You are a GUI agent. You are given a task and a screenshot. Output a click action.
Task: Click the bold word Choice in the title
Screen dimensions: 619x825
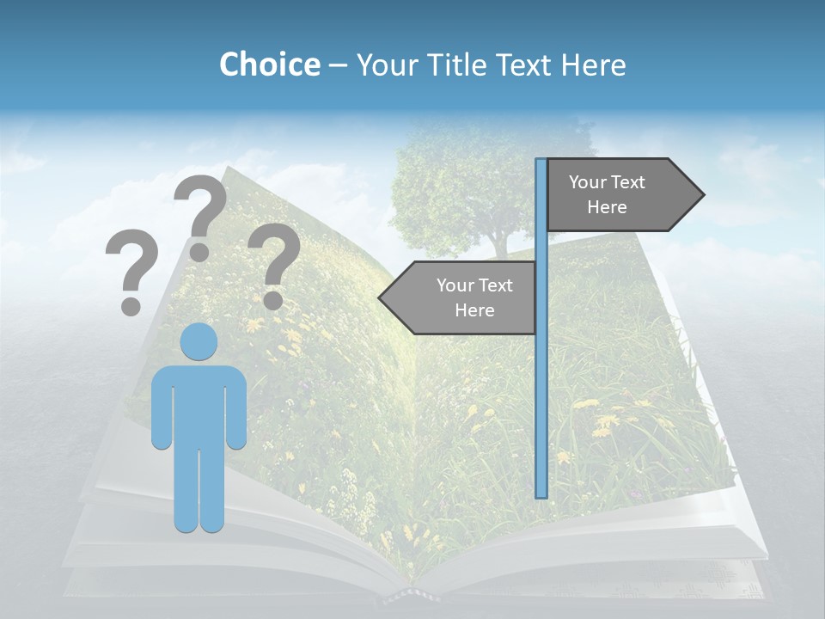pos(269,64)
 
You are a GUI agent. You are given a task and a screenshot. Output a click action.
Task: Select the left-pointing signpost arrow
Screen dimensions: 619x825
pos(460,297)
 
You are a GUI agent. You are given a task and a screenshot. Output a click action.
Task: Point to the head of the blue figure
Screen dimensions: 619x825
pos(199,341)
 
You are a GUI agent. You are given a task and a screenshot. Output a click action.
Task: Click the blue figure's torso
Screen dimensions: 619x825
pos(199,404)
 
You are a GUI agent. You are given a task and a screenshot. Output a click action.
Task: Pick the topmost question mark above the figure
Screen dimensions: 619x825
pos(200,215)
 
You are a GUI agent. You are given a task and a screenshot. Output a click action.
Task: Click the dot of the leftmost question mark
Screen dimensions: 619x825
pos(131,305)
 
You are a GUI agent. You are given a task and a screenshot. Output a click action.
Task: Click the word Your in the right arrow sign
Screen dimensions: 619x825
pos(588,181)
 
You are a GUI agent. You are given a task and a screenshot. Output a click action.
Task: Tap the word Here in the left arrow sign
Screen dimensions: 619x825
pos(474,310)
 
